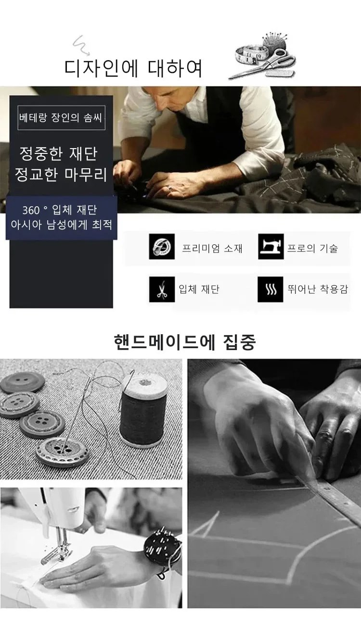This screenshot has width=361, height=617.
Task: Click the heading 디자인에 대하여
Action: (133, 68)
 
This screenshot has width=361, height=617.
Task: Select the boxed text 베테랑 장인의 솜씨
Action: (61, 118)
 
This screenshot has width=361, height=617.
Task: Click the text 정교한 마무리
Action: (61, 175)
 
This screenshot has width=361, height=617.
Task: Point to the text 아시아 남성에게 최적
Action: (62, 225)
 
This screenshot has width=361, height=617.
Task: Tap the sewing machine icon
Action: (271, 246)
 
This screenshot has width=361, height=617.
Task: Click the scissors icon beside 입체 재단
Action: (162, 289)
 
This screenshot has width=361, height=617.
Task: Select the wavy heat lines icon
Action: (271, 289)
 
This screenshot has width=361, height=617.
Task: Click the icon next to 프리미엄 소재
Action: (162, 246)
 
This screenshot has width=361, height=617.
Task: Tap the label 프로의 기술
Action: (312, 248)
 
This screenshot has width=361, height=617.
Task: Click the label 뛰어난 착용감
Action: (318, 289)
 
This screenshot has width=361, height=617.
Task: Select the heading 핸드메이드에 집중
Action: (185, 342)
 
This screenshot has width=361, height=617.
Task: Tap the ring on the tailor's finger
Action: (169, 189)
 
